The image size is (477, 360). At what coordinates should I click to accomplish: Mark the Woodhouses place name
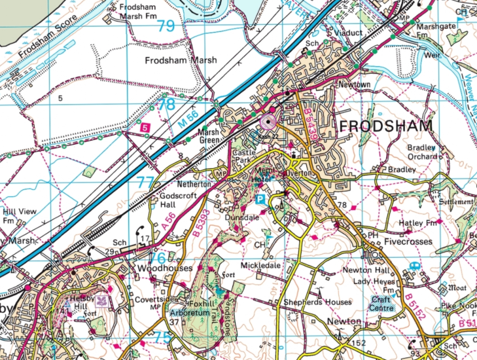tap(165, 268)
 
